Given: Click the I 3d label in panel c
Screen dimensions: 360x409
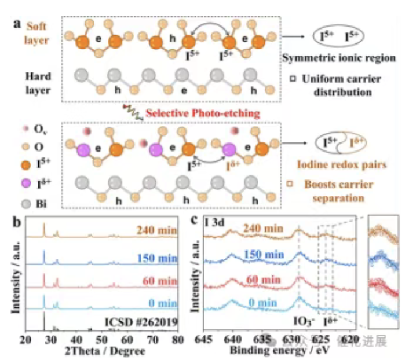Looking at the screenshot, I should point(215,221).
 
